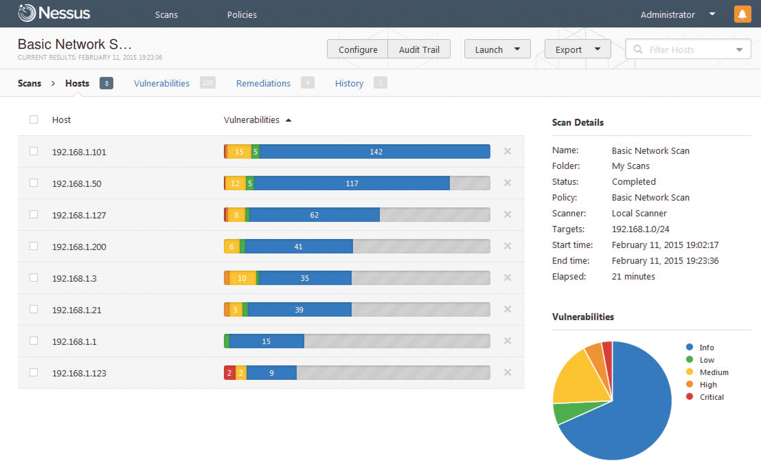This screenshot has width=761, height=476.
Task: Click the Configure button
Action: (358, 50)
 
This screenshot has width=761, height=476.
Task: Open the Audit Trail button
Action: (419, 50)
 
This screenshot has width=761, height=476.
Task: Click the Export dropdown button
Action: (577, 50)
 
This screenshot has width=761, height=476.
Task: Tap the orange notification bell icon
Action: (742, 14)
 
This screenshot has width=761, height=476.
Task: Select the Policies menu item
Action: (242, 15)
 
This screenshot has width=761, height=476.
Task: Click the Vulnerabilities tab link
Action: (162, 83)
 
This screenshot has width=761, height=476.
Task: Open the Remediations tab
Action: (263, 83)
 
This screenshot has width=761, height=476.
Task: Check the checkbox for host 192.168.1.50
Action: (34, 183)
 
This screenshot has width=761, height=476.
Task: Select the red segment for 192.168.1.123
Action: (229, 373)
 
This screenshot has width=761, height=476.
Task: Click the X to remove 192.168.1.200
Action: (507, 246)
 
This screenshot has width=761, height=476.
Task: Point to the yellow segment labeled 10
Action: (242, 278)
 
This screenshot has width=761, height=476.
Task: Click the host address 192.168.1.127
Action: (79, 215)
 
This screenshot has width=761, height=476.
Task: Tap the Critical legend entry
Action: (711, 397)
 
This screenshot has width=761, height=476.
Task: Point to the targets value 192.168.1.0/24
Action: (640, 229)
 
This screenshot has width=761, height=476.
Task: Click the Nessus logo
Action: (54, 13)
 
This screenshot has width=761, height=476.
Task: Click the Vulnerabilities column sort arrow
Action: (289, 120)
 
